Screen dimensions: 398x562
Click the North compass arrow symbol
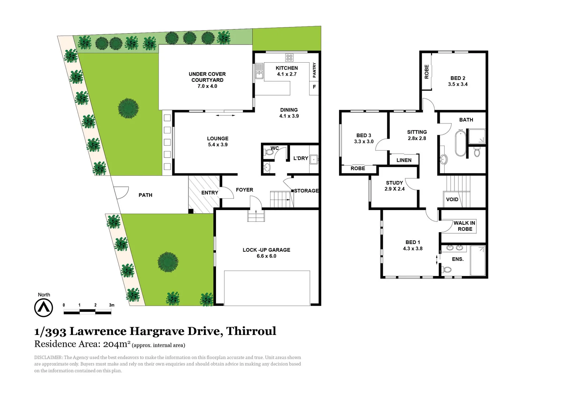pyautogui.click(x=43, y=307)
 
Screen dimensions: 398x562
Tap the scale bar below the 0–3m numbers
pyautogui.click(x=87, y=313)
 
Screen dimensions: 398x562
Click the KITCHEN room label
pyautogui.click(x=287, y=68)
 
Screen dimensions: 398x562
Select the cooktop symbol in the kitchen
pyautogui.click(x=289, y=57)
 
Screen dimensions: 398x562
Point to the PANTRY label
pyautogui.click(x=314, y=70)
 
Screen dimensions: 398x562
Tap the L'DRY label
pyautogui.click(x=300, y=158)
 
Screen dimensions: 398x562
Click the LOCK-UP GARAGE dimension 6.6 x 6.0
pyautogui.click(x=266, y=256)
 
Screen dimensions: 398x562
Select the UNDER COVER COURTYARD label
pyautogui.click(x=207, y=77)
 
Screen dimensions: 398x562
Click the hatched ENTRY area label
pyautogui.click(x=209, y=193)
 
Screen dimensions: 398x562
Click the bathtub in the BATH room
pyautogui.click(x=460, y=143)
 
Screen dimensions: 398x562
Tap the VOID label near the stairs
pyautogui.click(x=452, y=199)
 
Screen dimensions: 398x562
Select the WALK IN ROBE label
pyautogui.click(x=464, y=226)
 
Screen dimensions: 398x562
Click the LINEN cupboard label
pyautogui.click(x=404, y=160)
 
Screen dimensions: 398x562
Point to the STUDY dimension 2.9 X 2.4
pyautogui.click(x=395, y=189)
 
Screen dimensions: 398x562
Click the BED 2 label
pyautogui.click(x=458, y=78)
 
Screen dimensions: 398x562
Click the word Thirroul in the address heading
pyautogui.click(x=251, y=331)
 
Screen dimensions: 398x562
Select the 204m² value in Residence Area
pyautogui.click(x=117, y=344)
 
